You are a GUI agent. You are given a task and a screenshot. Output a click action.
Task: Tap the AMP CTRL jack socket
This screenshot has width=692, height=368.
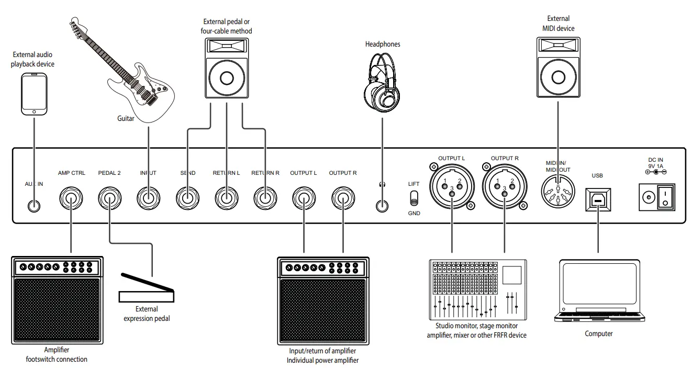coord(71,199)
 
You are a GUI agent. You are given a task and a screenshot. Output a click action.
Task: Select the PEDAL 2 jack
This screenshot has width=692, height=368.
coord(109,199)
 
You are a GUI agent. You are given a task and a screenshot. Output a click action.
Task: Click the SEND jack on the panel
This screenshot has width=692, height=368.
coord(187,199)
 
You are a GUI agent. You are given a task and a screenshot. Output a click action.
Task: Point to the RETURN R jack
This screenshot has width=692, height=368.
coord(265,199)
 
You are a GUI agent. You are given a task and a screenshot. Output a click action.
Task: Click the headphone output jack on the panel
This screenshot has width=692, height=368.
coord(383,205)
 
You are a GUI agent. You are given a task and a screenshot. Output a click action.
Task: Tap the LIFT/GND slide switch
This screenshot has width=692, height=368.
coord(414,198)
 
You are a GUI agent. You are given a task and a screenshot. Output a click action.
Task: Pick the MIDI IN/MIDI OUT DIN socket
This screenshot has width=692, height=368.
coord(558,194)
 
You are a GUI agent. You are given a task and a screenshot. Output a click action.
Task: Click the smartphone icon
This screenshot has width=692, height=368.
coord(34,94)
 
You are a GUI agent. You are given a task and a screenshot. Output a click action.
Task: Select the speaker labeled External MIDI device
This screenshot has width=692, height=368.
coord(558,68)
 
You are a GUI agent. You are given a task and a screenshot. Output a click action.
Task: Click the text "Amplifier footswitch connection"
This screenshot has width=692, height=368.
coord(57,354)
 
